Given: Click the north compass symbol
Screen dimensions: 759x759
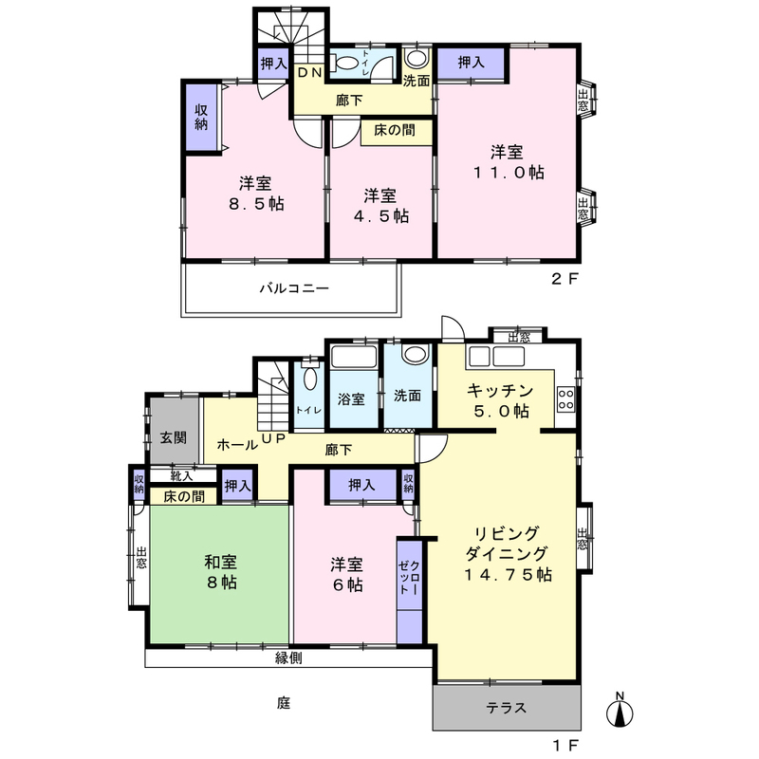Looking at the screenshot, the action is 620,710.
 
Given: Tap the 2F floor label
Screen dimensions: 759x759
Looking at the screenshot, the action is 565,279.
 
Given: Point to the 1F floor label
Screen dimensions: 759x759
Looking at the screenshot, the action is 565,746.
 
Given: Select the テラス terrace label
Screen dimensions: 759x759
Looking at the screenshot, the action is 507,708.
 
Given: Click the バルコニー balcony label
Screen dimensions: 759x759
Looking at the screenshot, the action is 294,288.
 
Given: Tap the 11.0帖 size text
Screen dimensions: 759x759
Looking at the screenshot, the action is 509,173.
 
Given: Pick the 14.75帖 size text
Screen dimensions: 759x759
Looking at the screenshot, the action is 508,575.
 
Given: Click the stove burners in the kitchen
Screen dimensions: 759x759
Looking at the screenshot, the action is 565,399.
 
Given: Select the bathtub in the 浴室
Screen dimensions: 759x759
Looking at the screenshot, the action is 354,357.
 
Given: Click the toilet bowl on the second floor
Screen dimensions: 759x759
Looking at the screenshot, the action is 345,63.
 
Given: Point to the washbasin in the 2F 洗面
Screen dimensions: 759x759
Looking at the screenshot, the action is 417,58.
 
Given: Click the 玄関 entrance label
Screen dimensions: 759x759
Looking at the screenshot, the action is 174,437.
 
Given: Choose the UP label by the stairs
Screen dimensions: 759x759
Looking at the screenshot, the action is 274,437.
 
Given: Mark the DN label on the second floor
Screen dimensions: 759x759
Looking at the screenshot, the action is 310,73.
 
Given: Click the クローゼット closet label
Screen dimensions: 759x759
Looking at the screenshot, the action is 410,578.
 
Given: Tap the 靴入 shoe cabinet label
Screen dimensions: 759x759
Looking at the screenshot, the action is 182,476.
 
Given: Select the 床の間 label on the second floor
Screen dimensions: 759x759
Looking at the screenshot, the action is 395,130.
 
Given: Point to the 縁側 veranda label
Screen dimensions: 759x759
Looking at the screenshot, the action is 289,657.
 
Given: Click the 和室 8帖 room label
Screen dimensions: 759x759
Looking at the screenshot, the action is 221,572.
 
